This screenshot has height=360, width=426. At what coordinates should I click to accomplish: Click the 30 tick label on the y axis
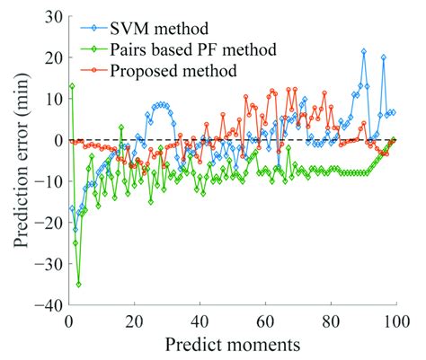pos(50,16)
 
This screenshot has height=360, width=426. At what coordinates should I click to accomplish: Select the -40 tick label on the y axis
pos(47,305)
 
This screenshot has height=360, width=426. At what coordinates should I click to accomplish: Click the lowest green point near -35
pos(78,284)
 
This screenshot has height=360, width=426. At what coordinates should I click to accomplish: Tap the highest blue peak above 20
pos(364,51)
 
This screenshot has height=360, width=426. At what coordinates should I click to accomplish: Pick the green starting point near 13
pos(72,86)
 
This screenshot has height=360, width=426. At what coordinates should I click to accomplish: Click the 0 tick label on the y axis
pos(56,140)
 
